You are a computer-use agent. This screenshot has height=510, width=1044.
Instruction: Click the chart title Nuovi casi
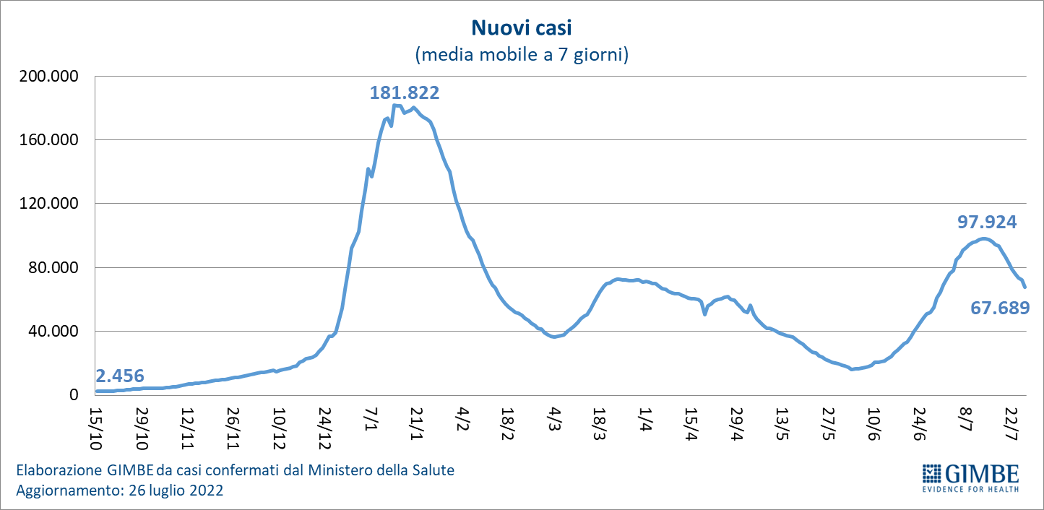click(x=522, y=27)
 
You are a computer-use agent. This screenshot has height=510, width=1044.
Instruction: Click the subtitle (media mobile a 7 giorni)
click(x=522, y=55)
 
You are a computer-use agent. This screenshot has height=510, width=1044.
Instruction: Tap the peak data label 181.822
click(x=405, y=92)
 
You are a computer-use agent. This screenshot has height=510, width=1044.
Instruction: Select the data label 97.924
click(x=987, y=222)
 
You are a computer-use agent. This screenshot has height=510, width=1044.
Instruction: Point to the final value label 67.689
click(x=1000, y=308)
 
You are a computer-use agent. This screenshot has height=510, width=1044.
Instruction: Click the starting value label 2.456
click(x=120, y=376)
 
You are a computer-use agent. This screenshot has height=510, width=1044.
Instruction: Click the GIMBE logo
click(x=970, y=477)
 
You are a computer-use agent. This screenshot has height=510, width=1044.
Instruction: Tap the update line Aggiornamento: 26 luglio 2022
click(x=120, y=490)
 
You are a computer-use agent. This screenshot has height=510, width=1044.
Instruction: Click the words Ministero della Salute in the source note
click(x=381, y=471)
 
